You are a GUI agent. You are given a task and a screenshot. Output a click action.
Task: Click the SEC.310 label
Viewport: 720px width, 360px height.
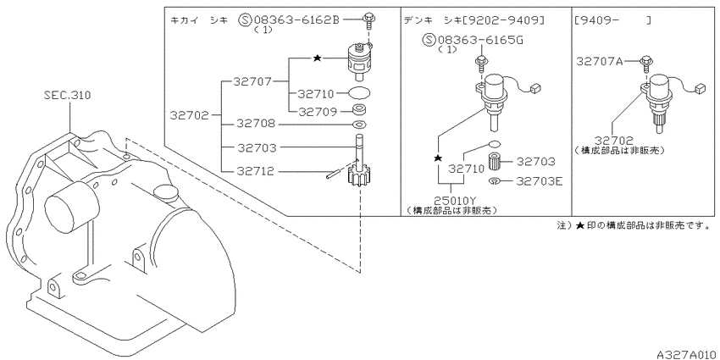pos(68,96)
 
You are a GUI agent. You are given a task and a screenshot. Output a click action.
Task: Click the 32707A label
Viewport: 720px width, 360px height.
pos(600,61)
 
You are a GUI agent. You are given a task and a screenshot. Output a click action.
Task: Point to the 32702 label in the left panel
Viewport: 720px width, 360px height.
pos(189,115)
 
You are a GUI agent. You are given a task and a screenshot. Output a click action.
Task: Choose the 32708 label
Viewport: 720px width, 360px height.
pos(256,124)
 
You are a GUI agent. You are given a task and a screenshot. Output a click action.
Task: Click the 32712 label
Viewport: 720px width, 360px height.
pos(256,172)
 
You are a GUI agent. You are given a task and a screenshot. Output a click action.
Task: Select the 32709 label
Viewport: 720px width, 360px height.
pos(318,112)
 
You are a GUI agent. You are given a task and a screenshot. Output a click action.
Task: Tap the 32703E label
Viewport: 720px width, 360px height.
pos(539,181)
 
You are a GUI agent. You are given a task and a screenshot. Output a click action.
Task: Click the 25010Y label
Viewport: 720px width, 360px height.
pos(451,201)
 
